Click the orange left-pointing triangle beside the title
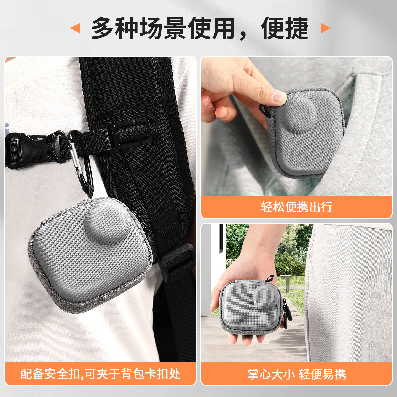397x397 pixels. (x=76, y=28)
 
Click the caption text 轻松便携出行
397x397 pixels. (x=297, y=207)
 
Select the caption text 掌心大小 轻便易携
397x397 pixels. (x=297, y=374)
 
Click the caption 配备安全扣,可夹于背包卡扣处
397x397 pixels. (x=100, y=374)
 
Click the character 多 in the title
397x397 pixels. (x=103, y=28)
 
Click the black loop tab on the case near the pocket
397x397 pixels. (x=264, y=110)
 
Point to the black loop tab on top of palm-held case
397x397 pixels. (x=270, y=278)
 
